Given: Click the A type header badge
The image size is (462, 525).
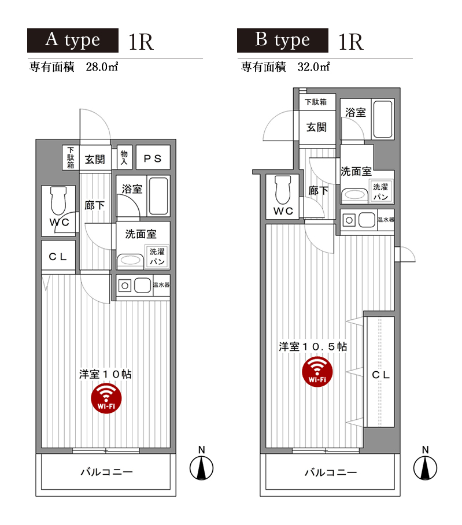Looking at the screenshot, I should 73,40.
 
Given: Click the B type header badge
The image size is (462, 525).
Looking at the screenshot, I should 283,40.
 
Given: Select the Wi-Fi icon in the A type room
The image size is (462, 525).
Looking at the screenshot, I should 106,398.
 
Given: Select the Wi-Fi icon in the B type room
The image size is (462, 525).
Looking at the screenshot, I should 317,371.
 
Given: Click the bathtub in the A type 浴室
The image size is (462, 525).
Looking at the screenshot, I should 158,197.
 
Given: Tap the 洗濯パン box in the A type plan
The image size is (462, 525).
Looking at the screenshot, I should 157,256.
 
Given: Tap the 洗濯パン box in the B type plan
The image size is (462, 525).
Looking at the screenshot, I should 380,191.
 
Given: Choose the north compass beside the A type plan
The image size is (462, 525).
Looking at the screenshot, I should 202,467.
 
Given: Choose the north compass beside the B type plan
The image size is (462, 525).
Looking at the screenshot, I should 425,467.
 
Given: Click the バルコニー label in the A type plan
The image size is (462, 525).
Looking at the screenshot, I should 106,472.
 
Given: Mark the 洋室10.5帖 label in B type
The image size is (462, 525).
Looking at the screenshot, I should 313,347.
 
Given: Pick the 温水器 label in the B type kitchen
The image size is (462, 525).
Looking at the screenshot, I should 386,220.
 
